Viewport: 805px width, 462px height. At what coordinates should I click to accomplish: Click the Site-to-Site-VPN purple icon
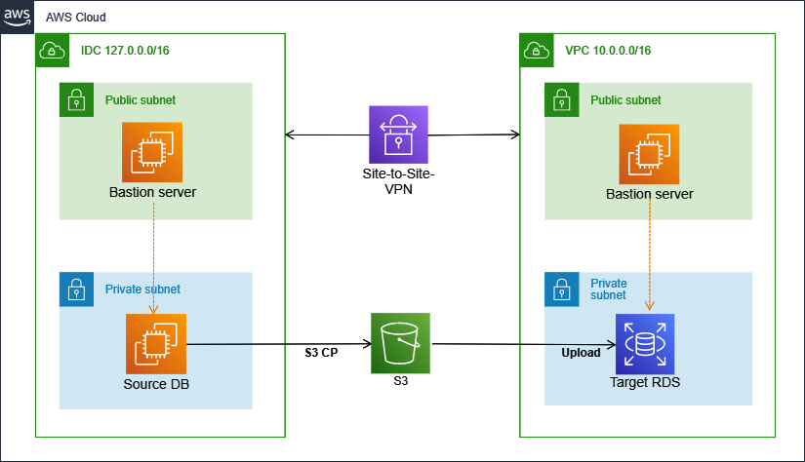click(x=399, y=135)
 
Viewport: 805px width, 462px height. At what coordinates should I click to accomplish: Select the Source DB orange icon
click(x=156, y=343)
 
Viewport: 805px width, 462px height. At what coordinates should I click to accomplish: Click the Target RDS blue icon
click(x=645, y=343)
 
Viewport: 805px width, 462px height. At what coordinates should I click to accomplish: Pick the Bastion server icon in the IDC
click(x=152, y=151)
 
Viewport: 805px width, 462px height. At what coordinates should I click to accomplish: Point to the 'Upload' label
click(x=581, y=353)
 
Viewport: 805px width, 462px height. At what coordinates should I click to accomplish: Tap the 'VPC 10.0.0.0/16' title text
click(x=608, y=50)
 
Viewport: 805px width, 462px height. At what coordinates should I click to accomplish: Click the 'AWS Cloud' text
click(x=76, y=18)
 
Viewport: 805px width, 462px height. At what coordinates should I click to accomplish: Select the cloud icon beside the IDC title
click(x=51, y=50)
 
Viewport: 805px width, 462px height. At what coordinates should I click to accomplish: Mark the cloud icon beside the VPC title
click(x=536, y=50)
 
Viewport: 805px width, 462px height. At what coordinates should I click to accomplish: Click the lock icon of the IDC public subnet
click(x=75, y=99)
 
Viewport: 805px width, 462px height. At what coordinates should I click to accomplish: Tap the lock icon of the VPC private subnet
click(x=561, y=289)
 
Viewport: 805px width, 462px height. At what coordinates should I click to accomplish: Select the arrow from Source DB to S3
click(x=278, y=343)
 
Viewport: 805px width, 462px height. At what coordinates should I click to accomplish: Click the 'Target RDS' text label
click(x=645, y=383)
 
